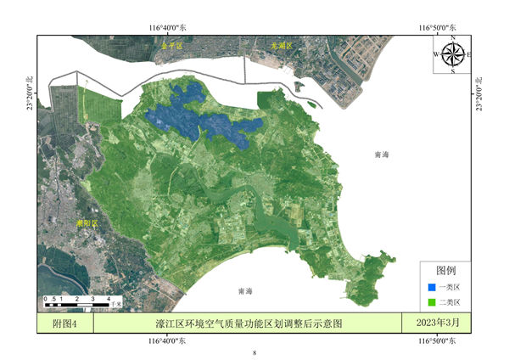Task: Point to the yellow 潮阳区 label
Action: (87, 223)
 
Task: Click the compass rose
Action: (453, 54)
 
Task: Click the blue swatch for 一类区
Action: (432, 288)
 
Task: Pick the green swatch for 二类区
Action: (432, 302)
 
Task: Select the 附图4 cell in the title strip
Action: (64, 323)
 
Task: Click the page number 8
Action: (254, 352)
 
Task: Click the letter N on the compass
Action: (453, 38)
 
